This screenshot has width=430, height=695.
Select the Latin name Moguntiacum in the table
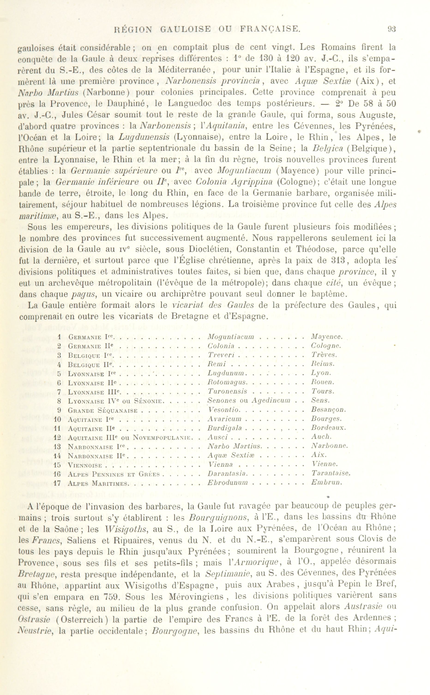point(231,337)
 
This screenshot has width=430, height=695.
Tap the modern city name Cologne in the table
point(326,346)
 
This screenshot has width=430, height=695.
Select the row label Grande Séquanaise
point(103,410)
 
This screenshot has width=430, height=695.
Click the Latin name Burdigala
point(225,428)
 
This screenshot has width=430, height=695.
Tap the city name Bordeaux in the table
point(328,428)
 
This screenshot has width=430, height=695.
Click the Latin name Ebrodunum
point(228,483)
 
